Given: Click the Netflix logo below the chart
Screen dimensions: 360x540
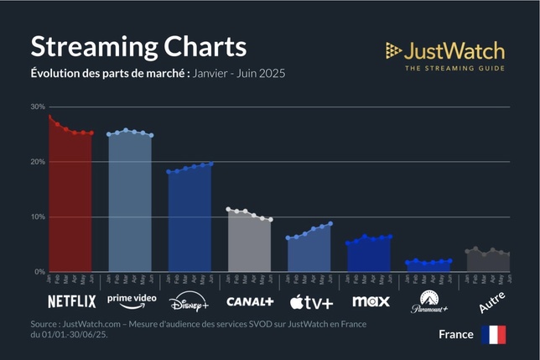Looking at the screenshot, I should click(71, 300).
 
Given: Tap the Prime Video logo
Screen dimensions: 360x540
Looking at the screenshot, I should click(131, 300).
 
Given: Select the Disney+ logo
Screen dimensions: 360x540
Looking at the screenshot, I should click(190, 301).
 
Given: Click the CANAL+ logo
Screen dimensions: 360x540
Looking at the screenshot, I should click(250, 300).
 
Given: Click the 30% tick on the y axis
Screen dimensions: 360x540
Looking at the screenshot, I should click(37, 107).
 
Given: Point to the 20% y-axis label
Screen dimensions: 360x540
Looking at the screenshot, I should click(37, 162).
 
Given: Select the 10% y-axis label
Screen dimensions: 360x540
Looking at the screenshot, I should click(37, 217).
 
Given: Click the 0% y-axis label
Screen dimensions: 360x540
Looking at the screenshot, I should click(39, 272).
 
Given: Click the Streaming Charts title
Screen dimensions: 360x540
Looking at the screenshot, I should click(138, 45).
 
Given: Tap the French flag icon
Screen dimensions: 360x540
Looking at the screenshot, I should click(493, 335).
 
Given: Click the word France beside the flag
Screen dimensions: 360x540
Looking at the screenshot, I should click(455, 335).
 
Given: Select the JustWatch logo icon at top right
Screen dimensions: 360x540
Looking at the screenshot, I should click(393, 50).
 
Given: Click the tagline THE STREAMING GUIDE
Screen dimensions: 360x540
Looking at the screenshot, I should click(454, 67).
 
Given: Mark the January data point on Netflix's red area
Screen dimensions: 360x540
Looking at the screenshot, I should click(49, 117).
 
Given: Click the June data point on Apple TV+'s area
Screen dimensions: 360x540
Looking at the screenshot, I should click(330, 223).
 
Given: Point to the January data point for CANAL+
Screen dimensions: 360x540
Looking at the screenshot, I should click(228, 209).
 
